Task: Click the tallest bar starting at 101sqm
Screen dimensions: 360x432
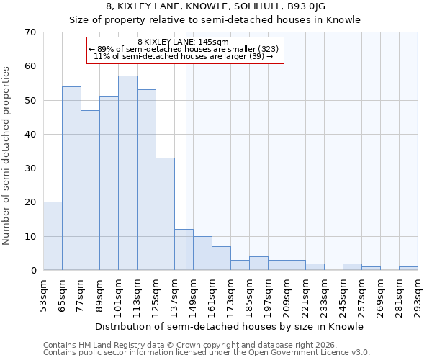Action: pyautogui.click(x=127, y=173)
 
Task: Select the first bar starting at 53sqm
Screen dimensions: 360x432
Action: pyautogui.click(x=53, y=236)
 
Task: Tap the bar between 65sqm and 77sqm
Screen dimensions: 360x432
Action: pyautogui.click(x=71, y=179)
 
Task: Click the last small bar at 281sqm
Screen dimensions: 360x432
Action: pyautogui.click(x=408, y=269)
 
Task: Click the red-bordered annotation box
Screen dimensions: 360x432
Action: pyautogui.click(x=186, y=50)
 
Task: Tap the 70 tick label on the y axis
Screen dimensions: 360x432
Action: pyautogui.click(x=30, y=32)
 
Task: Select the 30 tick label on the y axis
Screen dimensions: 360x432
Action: pyautogui.click(x=30, y=168)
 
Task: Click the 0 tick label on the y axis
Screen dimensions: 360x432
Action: pyautogui.click(x=33, y=271)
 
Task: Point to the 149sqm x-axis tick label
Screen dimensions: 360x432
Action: pyautogui.click(x=193, y=295)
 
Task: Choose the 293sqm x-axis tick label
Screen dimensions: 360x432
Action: pyautogui.click(x=418, y=295)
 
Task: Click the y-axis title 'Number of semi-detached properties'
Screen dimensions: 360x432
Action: pyautogui.click(x=6, y=155)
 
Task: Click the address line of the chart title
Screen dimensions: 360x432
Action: pyautogui.click(x=215, y=6)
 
